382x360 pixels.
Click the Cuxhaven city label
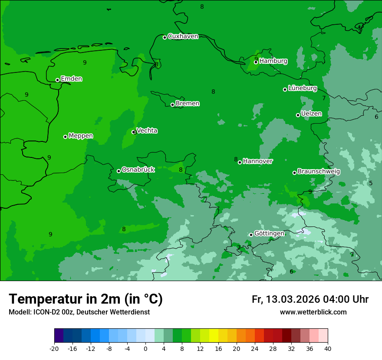pos(183,36)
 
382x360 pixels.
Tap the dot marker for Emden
pos(57,80)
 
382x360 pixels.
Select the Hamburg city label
pos(273,61)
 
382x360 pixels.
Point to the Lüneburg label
pos(303,88)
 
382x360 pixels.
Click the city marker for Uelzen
pos(298,115)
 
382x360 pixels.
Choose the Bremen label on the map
pos(188,104)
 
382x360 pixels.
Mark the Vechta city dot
pos(134,132)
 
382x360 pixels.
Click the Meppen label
pos(81,136)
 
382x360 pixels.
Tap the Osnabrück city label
pos(138,170)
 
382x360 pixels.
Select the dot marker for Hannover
pos(240,162)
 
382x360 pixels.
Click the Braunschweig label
pos(319,171)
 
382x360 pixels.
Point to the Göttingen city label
pos(269,233)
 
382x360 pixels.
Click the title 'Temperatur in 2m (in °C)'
pos(86,299)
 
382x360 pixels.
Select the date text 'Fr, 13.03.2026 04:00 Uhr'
pos(310,299)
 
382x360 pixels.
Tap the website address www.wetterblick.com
pos(313,312)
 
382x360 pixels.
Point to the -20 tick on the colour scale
pos(54,348)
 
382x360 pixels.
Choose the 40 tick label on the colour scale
pos(327,348)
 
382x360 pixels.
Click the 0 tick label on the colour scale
pos(145,348)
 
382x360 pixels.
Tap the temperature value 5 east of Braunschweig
pos(370,183)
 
